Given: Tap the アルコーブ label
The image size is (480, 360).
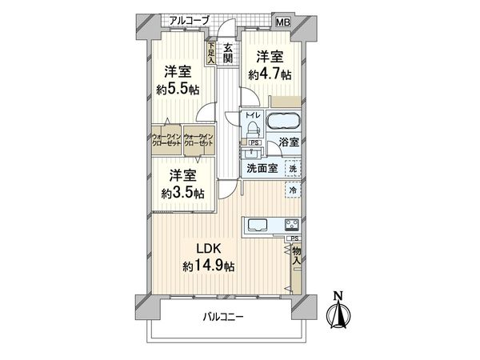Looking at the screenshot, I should point(190,19).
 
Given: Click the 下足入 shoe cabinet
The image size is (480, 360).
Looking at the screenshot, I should point(210,54).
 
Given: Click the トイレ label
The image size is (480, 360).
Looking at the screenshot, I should point(252,125).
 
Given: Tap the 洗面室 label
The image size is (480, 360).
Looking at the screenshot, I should point(262,168).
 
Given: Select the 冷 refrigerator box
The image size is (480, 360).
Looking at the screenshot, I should point(294,190).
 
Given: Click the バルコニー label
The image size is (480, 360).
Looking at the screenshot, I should point(223,317).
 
